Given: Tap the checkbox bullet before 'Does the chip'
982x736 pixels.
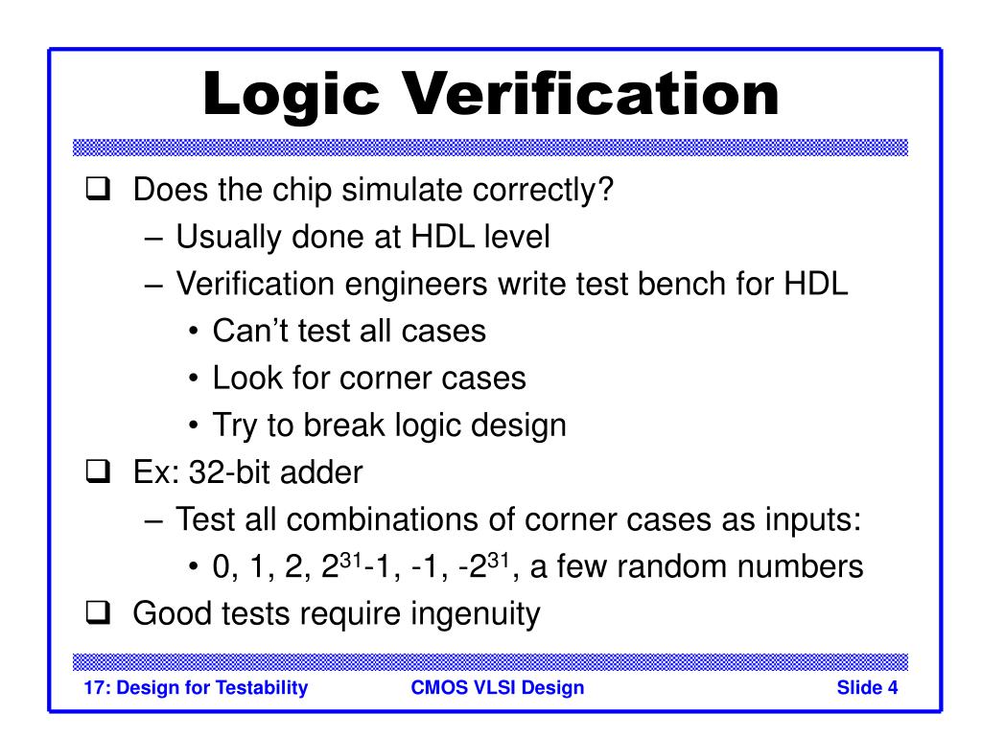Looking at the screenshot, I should tap(93, 191).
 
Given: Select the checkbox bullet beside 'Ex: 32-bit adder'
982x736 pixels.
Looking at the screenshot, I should tap(93, 472).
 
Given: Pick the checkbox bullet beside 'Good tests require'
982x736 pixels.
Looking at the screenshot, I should tap(93, 613).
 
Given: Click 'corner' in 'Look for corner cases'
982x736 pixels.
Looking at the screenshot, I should tap(386, 379).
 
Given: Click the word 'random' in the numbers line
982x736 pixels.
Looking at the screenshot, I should tap(677, 566).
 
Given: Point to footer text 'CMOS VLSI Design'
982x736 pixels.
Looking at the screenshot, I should tap(497, 687).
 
